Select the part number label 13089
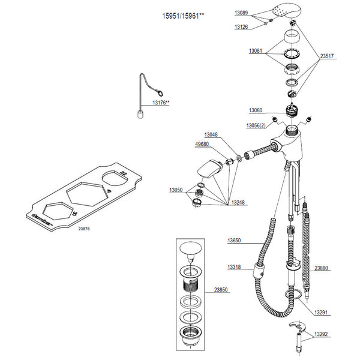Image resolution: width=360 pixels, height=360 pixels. (242, 12)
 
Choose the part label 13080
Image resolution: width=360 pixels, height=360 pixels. (256, 110)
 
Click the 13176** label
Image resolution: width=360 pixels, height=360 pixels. (161, 103)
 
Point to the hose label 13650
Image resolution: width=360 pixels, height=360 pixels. (235, 241)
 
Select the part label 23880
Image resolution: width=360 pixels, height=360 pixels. (322, 268)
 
